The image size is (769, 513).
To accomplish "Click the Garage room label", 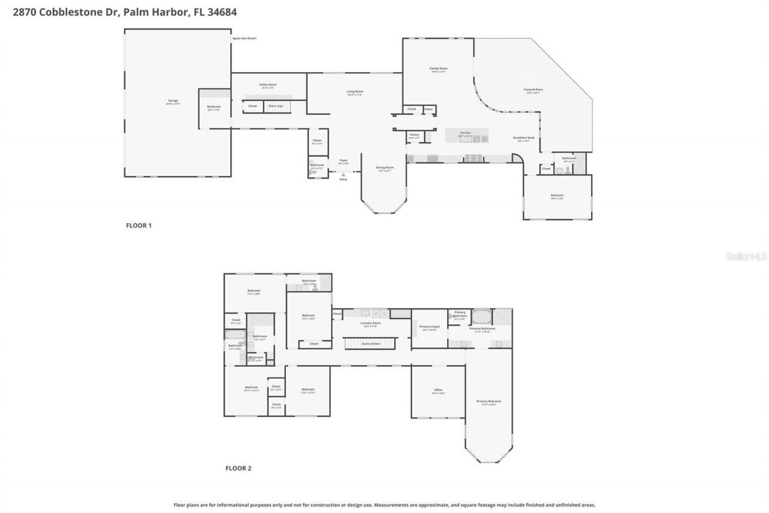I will [x=173, y=100].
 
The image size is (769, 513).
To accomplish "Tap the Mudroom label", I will [x=214, y=106].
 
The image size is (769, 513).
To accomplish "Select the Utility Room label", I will [x=267, y=85].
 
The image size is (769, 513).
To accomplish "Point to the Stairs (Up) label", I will [x=276, y=106].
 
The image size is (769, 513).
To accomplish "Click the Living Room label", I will [x=354, y=91].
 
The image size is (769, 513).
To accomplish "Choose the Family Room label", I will [x=438, y=69].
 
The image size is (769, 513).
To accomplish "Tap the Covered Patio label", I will [x=533, y=90].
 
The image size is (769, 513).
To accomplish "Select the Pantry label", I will [x=414, y=135].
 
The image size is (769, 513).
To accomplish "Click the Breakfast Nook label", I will [x=523, y=138].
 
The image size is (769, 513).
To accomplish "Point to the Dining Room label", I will [x=384, y=168].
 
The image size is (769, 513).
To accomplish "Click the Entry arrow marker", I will [x=343, y=175].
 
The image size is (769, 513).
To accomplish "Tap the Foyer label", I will [x=344, y=161].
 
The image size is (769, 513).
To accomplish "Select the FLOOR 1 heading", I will [x=139, y=226].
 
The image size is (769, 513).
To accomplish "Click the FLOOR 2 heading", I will [x=238, y=468].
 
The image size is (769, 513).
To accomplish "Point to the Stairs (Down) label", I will [x=371, y=343].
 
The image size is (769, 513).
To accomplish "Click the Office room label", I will [x=438, y=390].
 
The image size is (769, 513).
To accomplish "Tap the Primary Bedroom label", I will [x=488, y=401].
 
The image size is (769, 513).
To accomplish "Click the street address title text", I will [x=120, y=11].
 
